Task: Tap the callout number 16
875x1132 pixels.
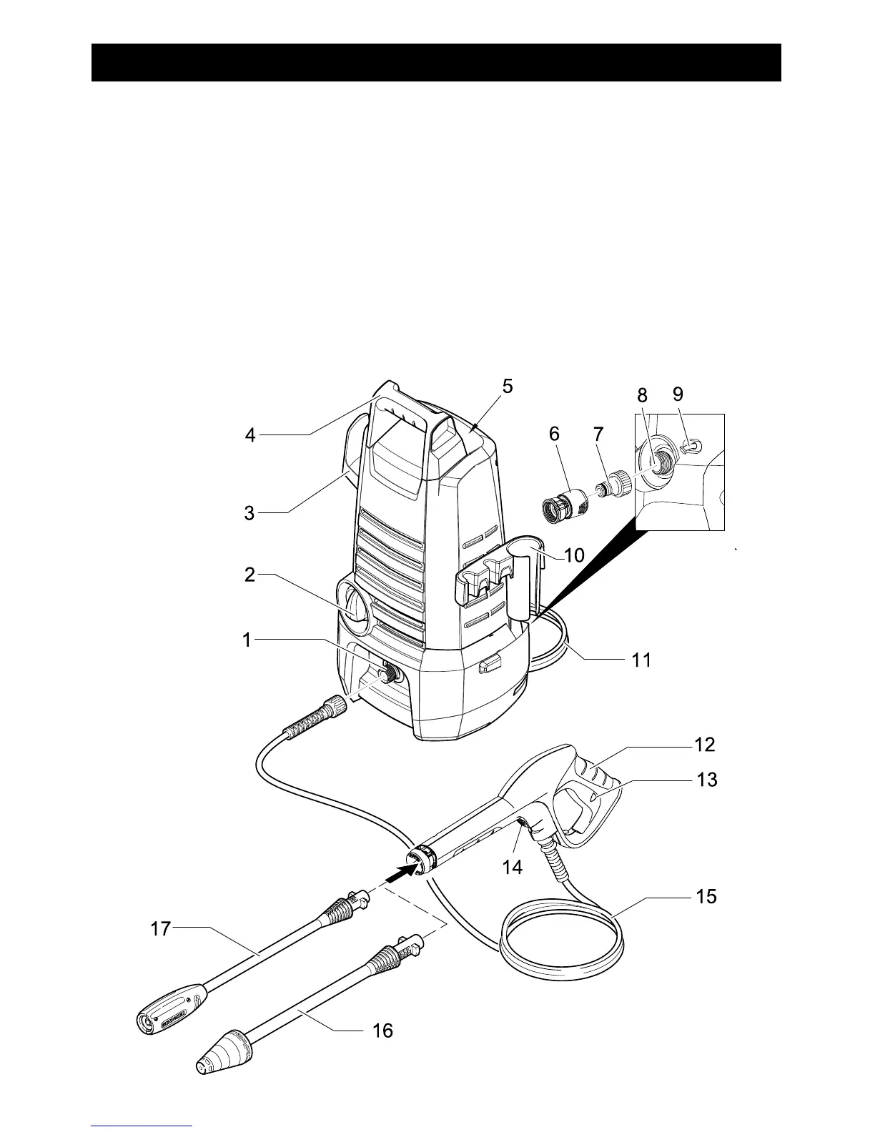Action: point(383,1030)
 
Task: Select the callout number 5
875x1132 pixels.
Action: point(507,387)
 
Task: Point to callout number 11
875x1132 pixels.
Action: point(641,660)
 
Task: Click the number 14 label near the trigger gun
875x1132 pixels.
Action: point(513,867)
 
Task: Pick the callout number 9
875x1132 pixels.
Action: point(678,394)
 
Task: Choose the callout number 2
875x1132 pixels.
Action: point(249,575)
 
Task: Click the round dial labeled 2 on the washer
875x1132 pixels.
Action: point(352,603)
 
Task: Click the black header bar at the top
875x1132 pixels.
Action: point(436,62)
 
